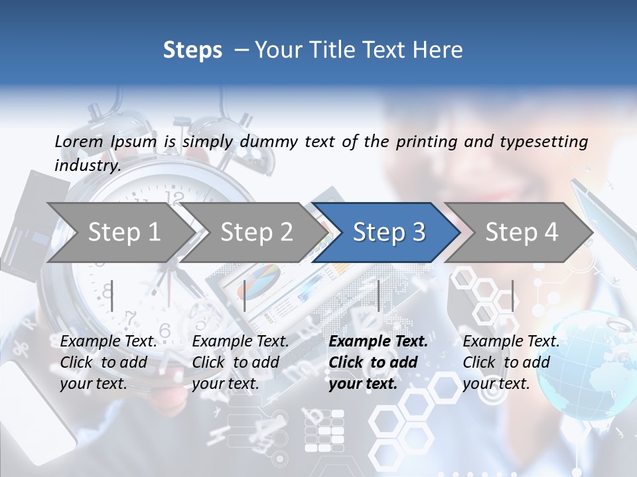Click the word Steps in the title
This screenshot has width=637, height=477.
tap(192, 50)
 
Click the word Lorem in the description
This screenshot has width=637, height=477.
tap(78, 141)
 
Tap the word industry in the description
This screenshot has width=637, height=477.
tap(86, 165)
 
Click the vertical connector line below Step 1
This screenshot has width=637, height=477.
tap(112, 295)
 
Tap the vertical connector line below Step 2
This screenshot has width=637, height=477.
tap(245, 295)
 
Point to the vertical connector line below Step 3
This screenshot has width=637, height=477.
tap(378, 295)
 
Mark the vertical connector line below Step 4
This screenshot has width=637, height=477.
tap(512, 295)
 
